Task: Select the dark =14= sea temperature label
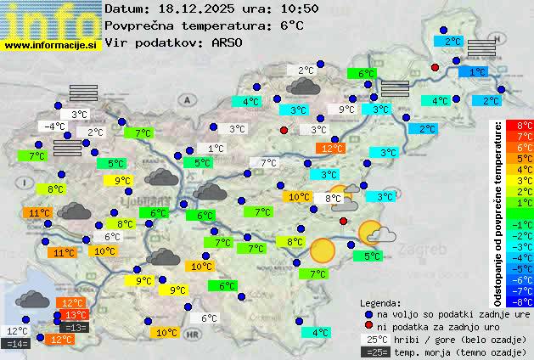(16, 344)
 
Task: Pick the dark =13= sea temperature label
(75, 328)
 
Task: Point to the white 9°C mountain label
(347, 110)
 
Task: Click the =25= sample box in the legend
(374, 352)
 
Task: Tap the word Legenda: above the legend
(381, 301)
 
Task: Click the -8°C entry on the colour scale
(519, 301)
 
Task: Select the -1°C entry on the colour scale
(519, 224)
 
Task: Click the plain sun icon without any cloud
(322, 250)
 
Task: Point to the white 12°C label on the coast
(17, 331)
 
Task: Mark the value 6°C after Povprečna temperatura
(291, 25)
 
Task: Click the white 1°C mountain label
(216, 148)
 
